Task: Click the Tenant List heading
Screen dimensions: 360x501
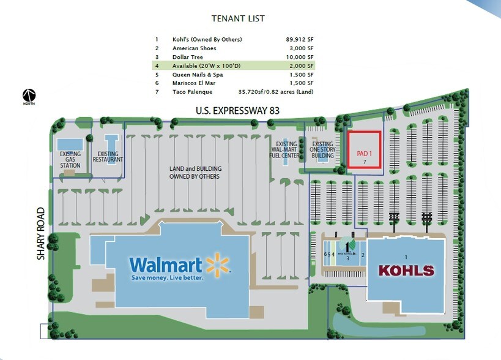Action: click(238, 19)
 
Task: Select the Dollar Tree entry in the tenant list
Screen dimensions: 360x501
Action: click(193, 56)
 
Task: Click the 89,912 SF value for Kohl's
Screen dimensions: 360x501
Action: click(300, 39)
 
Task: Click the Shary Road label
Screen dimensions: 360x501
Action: click(41, 234)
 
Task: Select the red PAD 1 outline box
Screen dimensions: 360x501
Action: click(364, 149)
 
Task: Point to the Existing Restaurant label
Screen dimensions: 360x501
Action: click(109, 156)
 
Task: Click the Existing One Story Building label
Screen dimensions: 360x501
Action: click(322, 150)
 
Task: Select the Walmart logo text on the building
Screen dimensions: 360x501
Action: click(166, 265)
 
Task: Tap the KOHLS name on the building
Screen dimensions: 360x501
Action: click(406, 270)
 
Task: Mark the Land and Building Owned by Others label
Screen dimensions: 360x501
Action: click(195, 173)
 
